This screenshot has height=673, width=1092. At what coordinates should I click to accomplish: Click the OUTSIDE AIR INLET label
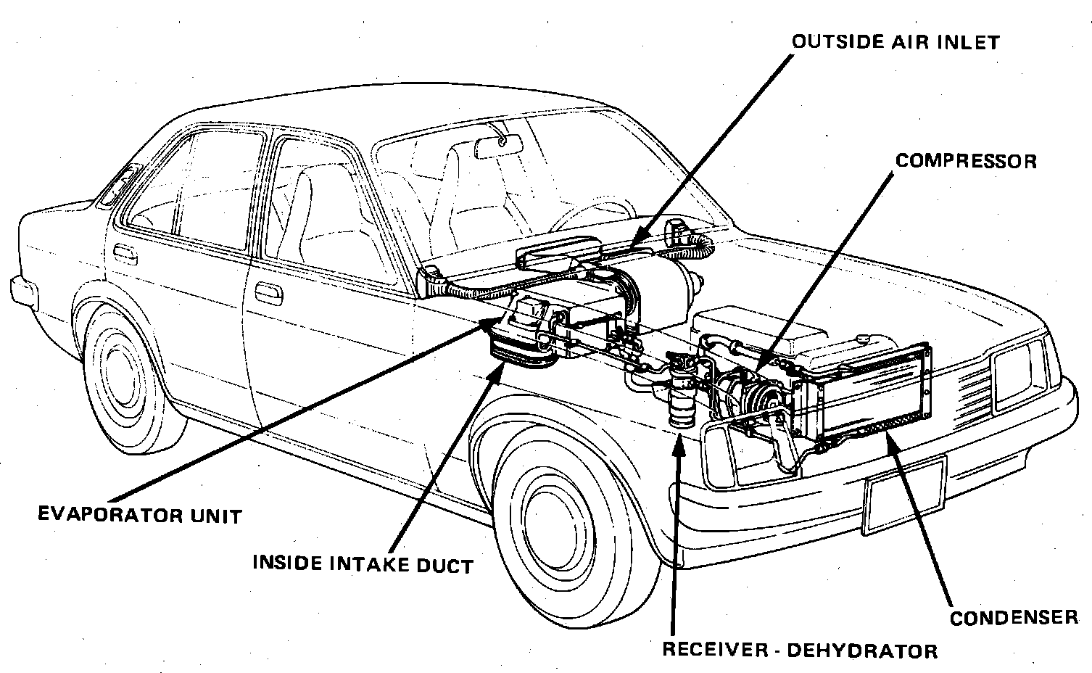click(x=895, y=41)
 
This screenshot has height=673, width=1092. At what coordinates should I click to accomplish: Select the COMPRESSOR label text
click(x=966, y=160)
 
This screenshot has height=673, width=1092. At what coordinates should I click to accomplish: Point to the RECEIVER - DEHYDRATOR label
click(x=799, y=650)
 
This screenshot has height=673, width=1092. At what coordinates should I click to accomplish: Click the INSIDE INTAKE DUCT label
click(x=363, y=563)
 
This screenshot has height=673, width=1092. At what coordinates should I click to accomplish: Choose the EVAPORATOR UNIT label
click(x=139, y=516)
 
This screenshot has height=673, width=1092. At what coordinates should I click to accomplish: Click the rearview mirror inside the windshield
click(x=498, y=146)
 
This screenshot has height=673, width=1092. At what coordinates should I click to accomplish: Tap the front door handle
click(x=270, y=294)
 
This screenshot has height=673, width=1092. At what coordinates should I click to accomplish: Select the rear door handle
click(x=125, y=254)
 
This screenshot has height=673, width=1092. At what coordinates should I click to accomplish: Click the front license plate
click(x=904, y=495)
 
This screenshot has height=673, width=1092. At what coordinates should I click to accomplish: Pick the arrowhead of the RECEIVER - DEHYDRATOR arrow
click(x=679, y=442)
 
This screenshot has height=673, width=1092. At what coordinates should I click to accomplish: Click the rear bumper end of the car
click(x=22, y=289)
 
